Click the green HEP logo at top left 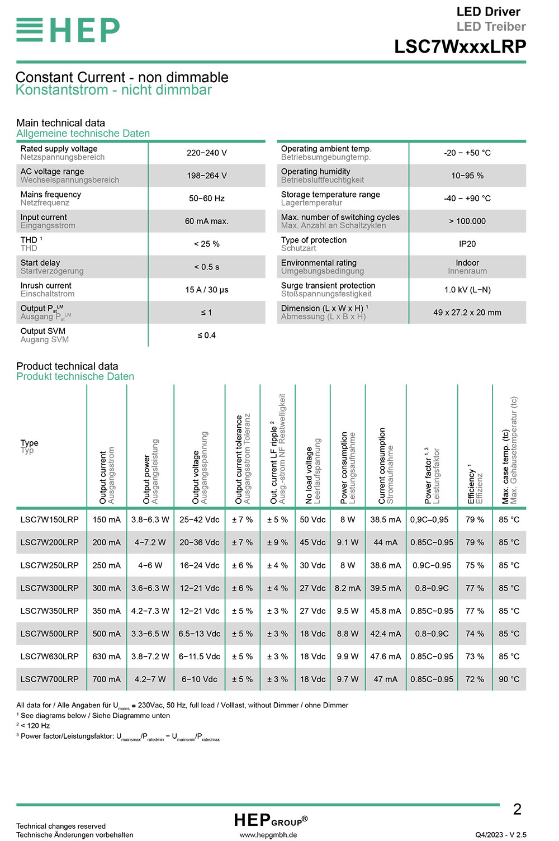click(68, 30)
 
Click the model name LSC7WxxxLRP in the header click(459, 46)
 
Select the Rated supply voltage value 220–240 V click(206, 153)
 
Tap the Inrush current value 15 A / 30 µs click(206, 290)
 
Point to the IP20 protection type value click(467, 244)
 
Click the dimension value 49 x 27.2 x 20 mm click(467, 313)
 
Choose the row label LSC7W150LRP click(49, 519)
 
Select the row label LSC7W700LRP click(49, 679)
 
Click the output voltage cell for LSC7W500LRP click(199, 634)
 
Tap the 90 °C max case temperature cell click(509, 679)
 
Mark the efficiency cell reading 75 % click(475, 565)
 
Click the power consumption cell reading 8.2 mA click(347, 588)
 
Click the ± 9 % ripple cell click(277, 542)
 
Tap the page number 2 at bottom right click(517, 809)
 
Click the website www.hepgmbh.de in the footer click(268, 835)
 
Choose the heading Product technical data click(67, 366)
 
